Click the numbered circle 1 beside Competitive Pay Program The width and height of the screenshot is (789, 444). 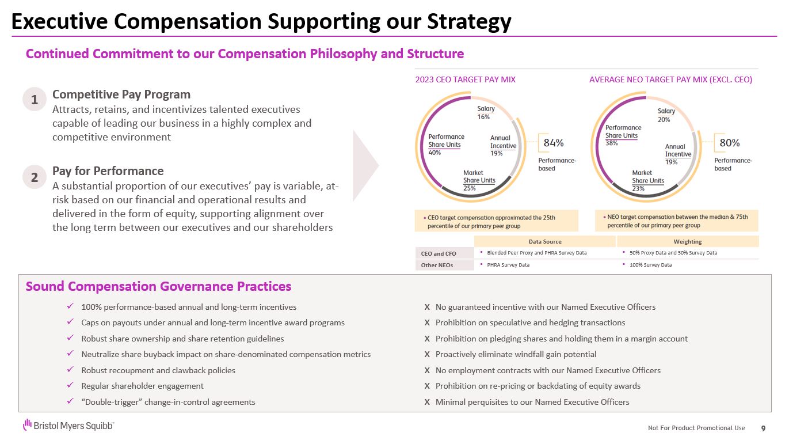35,100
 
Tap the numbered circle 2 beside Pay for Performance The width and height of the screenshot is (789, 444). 35,177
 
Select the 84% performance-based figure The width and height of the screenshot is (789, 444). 554,143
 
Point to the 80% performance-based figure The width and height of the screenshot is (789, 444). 730,143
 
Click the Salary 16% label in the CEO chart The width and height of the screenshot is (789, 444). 486,112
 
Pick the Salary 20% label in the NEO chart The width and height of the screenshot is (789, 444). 666,115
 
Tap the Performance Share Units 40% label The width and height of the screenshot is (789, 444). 446,145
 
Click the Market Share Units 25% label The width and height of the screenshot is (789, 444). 479,180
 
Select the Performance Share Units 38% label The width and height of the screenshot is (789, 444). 623,135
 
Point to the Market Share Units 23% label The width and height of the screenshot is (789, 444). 647,180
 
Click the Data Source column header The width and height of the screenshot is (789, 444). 544,241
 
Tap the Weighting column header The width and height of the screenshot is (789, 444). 687,241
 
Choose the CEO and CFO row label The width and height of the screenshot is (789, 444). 439,253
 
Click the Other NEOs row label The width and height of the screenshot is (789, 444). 437,265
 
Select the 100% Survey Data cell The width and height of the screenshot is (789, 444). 650,265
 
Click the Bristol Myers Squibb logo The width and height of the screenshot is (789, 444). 68,426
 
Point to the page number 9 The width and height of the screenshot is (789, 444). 763,428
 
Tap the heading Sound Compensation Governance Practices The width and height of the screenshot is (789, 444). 158,286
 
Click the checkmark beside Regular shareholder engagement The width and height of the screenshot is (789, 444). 70,386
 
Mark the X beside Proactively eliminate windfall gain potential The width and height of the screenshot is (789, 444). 427,355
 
